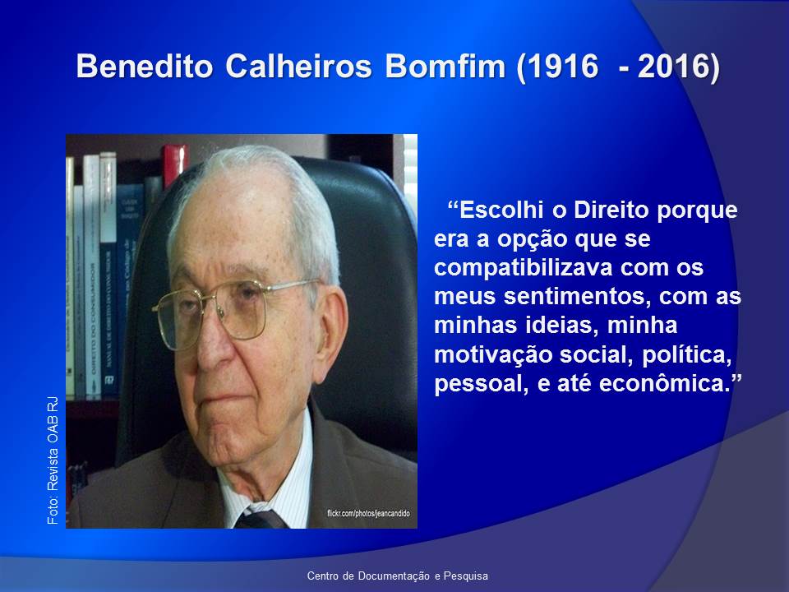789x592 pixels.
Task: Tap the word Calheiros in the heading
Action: [x=298, y=66]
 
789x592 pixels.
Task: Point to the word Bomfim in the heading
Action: [x=445, y=66]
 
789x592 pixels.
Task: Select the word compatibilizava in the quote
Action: [x=523, y=267]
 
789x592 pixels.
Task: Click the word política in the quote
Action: [x=686, y=355]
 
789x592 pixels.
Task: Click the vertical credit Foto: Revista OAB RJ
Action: [x=53, y=460]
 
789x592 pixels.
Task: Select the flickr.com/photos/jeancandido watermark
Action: [x=368, y=513]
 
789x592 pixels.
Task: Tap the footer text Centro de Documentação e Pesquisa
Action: [x=398, y=576]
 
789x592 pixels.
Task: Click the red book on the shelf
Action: [x=174, y=164]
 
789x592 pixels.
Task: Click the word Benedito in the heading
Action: [x=145, y=66]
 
